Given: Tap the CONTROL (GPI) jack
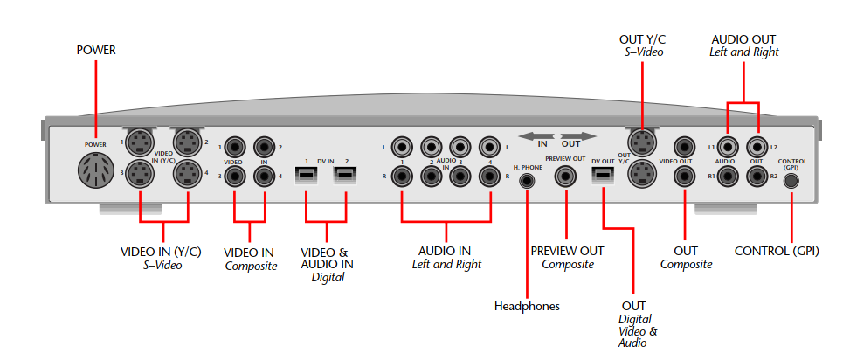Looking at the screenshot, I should coord(791,181).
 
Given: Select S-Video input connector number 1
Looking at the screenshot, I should coord(141,142).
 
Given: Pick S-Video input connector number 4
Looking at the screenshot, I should coord(188,176).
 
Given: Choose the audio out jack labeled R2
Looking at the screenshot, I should coord(757,177).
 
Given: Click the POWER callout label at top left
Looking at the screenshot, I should coord(96,51).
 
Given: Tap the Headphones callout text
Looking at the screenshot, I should coord(527,306).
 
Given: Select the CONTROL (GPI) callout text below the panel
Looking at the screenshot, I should coord(777,252).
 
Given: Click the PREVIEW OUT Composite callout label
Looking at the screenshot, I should coord(567,257).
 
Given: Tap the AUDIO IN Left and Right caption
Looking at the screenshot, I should coord(446,257).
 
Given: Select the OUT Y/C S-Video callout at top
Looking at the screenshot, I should coord(642,45).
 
